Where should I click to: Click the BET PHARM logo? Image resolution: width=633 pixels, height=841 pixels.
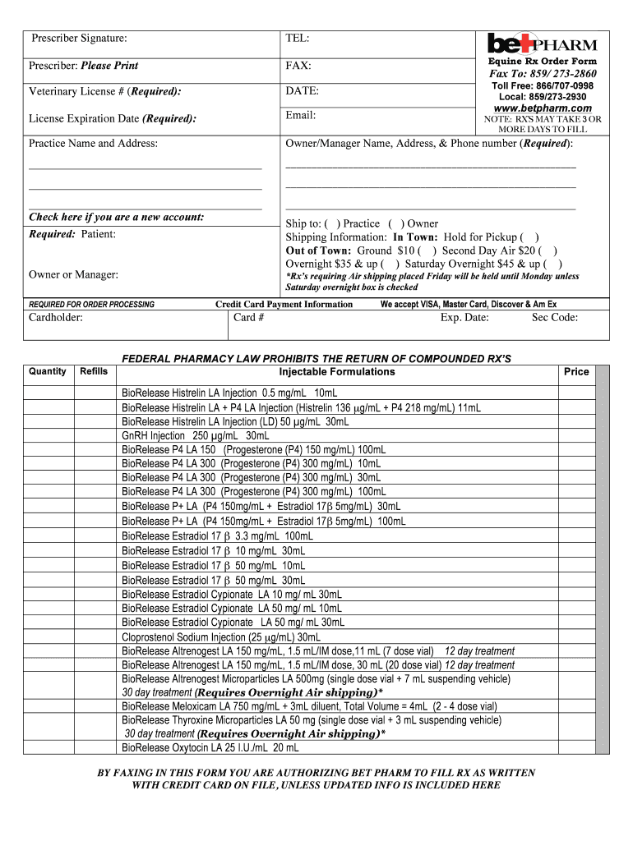tap(542, 43)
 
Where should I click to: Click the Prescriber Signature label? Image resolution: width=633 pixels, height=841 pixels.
tap(79, 38)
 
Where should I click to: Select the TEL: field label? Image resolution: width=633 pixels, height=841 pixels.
tap(298, 38)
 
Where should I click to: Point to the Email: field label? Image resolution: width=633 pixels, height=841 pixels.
tap(301, 115)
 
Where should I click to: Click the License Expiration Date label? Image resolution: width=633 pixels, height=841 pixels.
tap(113, 118)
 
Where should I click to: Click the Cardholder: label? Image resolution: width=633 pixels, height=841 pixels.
tap(56, 318)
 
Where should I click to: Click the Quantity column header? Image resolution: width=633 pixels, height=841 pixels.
tap(48, 371)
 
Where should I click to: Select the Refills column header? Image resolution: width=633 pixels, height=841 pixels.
tap(93, 371)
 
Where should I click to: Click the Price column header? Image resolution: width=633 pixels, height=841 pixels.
tap(575, 371)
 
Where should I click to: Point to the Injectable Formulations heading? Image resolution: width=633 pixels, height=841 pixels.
tap(337, 371)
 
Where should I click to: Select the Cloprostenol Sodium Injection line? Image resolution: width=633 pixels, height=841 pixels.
tap(221, 636)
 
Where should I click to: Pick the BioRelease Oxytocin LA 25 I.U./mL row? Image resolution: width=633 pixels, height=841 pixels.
tap(210, 748)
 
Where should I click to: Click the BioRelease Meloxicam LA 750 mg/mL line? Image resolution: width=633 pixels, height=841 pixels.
tap(309, 706)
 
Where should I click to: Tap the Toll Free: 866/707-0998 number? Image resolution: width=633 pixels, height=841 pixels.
tap(542, 86)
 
